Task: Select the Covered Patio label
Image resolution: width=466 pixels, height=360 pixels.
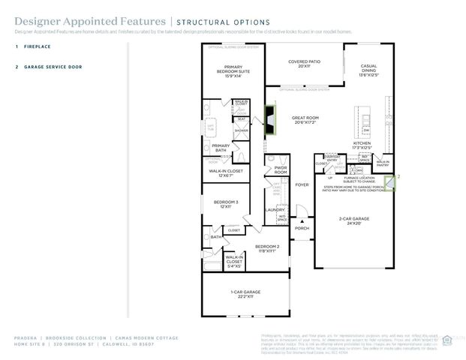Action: (x=304, y=64)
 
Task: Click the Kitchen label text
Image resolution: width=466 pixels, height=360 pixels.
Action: (x=362, y=145)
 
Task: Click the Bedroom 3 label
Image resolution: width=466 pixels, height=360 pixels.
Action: (x=226, y=204)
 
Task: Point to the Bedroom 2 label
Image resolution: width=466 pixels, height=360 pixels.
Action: (x=266, y=248)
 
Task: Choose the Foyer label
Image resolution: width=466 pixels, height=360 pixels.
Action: (x=302, y=184)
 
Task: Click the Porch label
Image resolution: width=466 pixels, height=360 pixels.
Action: (x=301, y=228)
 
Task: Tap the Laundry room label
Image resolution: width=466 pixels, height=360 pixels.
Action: (x=275, y=199)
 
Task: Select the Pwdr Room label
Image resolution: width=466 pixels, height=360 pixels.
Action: (x=281, y=169)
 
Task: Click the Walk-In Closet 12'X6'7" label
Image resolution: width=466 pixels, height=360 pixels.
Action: (x=226, y=172)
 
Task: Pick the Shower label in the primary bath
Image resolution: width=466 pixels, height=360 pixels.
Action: (x=241, y=130)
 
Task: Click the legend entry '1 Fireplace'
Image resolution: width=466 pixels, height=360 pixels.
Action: (x=38, y=46)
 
